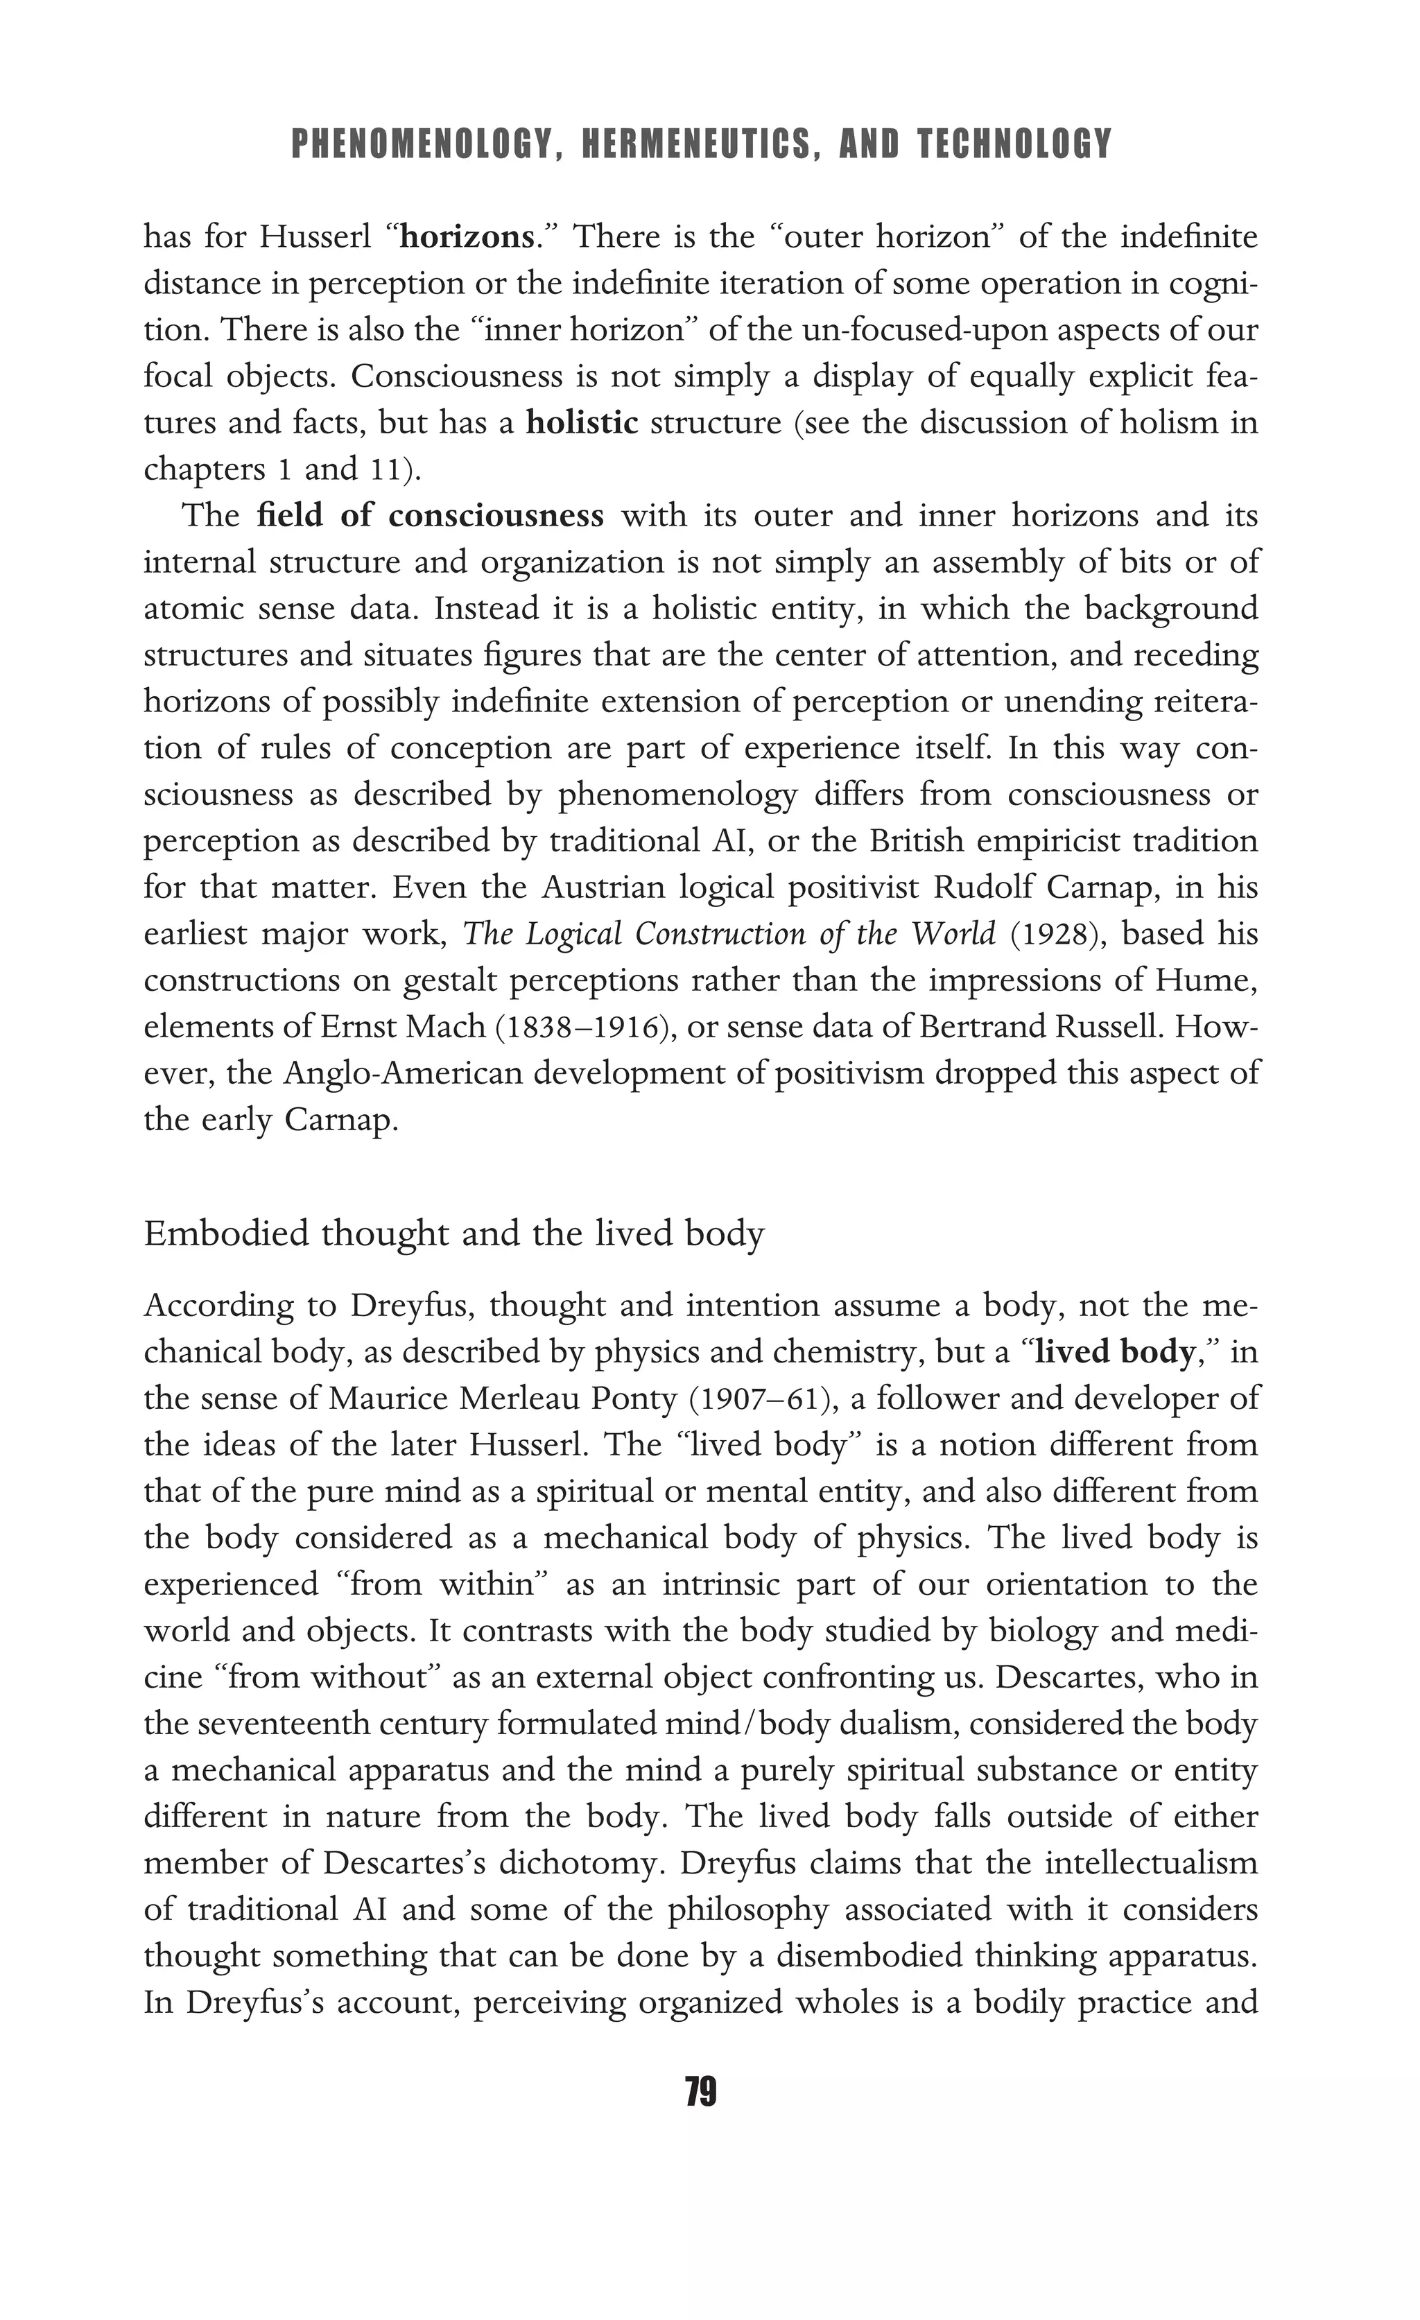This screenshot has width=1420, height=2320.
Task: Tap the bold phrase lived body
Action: tap(1114, 1352)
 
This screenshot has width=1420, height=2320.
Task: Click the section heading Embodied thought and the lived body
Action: tap(454, 1233)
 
